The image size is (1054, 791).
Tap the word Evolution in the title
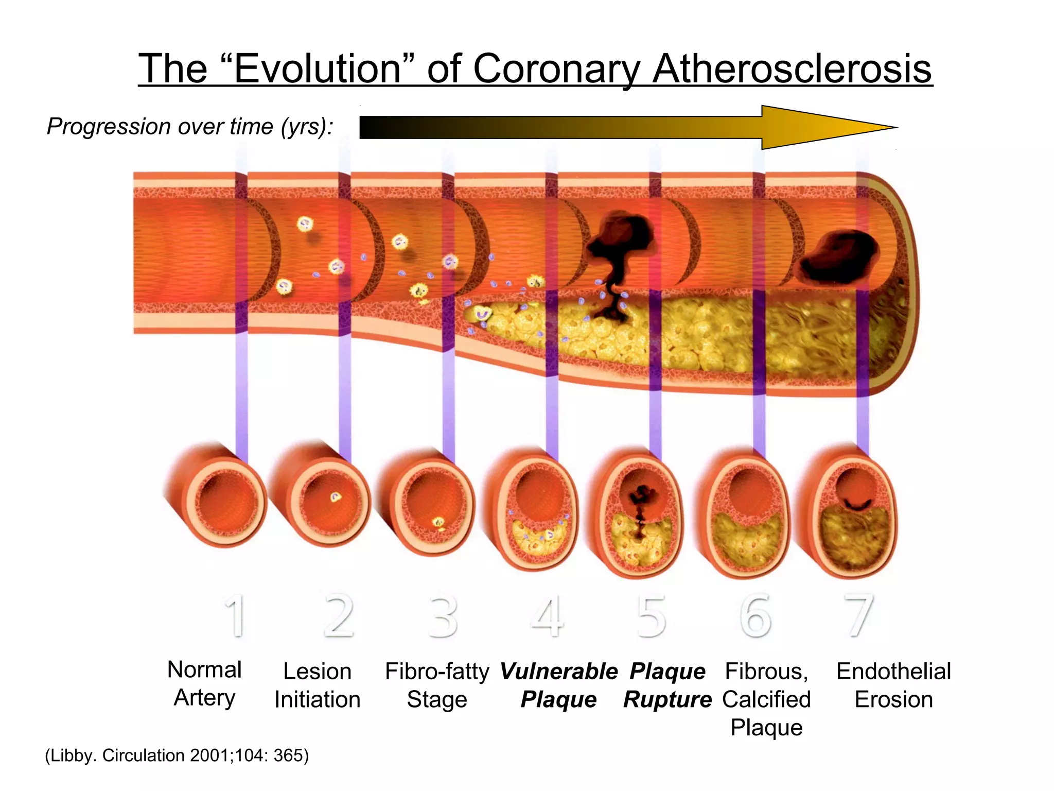tap(317, 69)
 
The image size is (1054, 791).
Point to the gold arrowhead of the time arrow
tap(829, 127)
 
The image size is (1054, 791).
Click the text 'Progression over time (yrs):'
tap(190, 127)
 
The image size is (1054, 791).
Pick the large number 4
tap(548, 616)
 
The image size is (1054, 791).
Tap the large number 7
tap(858, 616)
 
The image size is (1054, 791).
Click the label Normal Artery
tap(204, 684)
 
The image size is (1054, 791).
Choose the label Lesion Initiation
tap(317, 685)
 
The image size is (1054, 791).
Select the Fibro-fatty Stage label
tap(437, 685)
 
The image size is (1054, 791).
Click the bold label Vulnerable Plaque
tap(558, 685)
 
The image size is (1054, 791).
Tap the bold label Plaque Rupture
tap(667, 685)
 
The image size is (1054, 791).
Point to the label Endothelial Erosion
tap(893, 685)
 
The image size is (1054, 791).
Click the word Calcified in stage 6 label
tap(766, 699)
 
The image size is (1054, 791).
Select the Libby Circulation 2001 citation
tap(177, 755)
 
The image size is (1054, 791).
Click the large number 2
tap(339, 616)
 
